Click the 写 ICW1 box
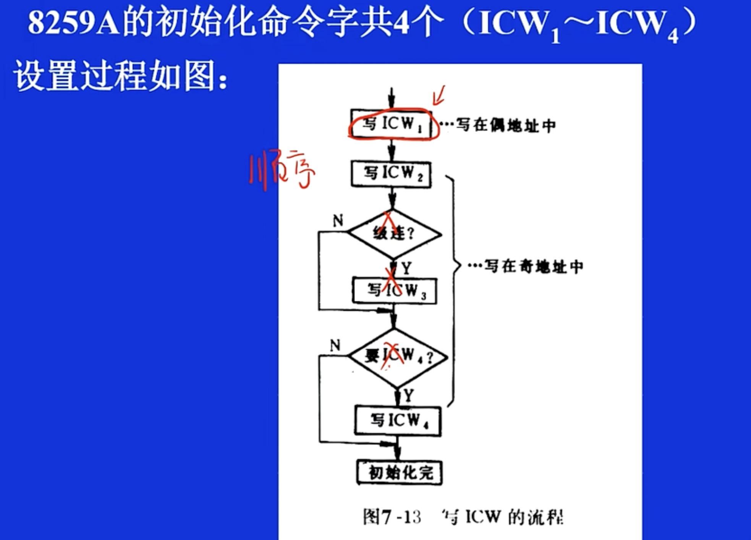392,124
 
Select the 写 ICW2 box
392,174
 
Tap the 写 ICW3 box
395,291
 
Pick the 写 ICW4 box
398,421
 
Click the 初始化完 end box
400,473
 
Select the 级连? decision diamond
394,234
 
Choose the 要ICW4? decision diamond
398,357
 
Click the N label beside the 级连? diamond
338,221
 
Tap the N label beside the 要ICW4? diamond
335,346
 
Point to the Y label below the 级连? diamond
406,268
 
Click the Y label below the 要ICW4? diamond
408,395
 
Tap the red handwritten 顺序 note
282,171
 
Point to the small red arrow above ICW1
439,95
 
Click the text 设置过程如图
115,76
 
